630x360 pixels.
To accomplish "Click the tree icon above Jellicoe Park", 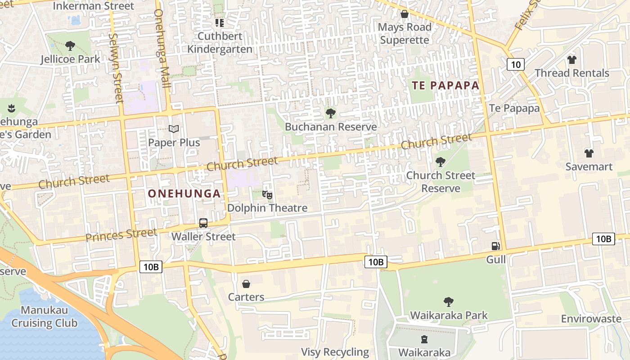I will coord(70,45).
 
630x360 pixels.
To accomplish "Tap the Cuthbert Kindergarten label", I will coord(220,43).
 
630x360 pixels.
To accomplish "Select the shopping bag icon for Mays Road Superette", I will coord(404,14).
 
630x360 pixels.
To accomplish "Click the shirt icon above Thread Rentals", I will coord(571,59).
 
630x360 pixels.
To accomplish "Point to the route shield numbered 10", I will coord(516,64).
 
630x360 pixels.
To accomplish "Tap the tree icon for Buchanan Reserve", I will coord(331,113).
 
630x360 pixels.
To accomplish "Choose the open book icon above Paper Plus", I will coord(174,129).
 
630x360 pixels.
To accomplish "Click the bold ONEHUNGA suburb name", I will coord(184,194).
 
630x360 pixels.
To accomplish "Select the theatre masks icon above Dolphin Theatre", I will coord(267,195).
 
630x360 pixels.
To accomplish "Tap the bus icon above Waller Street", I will coord(203,223).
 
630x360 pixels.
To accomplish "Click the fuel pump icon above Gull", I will coord(496,246).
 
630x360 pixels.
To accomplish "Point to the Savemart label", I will coord(589,166).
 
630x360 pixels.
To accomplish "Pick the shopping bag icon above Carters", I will coord(246,284).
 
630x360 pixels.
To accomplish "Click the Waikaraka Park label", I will coord(449,315).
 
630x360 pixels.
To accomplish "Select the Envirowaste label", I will coord(591,319).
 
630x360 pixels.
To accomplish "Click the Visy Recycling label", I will coord(335,352).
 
